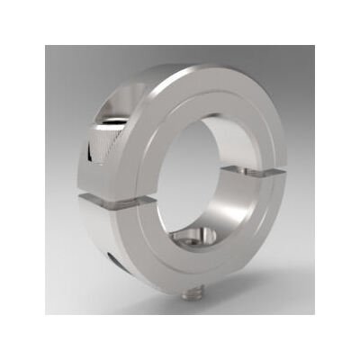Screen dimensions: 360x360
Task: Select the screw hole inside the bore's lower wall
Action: pyautogui.click(x=200, y=238)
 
